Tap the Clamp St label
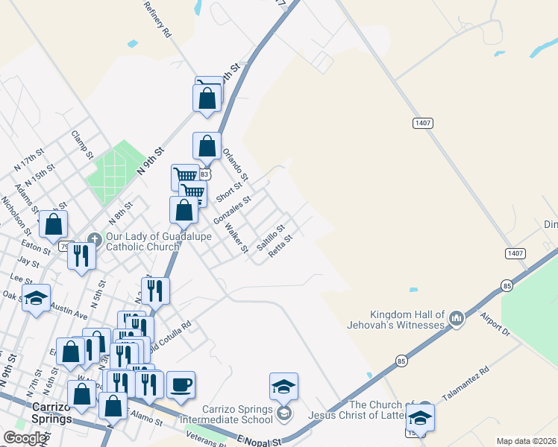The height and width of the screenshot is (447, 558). point(81,145)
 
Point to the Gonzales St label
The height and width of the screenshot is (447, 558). point(232,211)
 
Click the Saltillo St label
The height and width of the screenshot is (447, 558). point(271,236)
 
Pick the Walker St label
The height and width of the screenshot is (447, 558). point(236,238)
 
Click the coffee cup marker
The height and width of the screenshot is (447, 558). point(181,385)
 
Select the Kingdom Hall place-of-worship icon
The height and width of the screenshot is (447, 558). point(457,320)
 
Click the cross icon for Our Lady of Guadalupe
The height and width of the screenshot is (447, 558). point(94,239)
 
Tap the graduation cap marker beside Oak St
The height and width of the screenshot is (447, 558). point(35,298)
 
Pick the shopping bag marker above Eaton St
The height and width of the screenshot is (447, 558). point(54,223)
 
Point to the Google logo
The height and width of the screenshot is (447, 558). point(24,438)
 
